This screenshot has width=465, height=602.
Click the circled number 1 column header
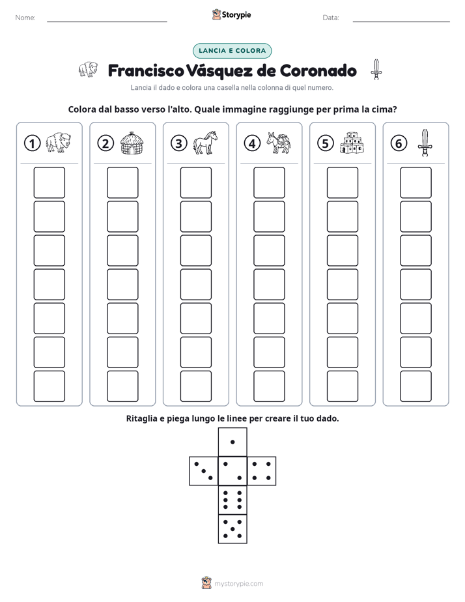32,143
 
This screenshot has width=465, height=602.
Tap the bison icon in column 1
59,143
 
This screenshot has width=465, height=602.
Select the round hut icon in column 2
132,143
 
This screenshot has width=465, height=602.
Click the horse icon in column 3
205,143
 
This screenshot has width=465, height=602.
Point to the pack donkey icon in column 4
279,143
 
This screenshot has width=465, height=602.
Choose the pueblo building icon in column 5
352,143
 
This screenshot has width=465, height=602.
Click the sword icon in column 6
425,143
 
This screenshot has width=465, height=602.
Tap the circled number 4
252,143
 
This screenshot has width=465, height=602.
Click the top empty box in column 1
49,182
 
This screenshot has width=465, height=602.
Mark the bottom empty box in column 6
416,386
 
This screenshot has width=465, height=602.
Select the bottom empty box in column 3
195,386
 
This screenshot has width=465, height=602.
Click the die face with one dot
232,442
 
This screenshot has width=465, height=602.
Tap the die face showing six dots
232,500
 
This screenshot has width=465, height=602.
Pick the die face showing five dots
232,529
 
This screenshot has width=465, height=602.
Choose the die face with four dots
262,471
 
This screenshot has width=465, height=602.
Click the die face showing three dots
204,471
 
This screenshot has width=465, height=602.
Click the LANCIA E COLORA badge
232,51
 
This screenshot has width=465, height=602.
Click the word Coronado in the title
318,70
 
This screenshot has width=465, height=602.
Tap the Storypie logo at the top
231,15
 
